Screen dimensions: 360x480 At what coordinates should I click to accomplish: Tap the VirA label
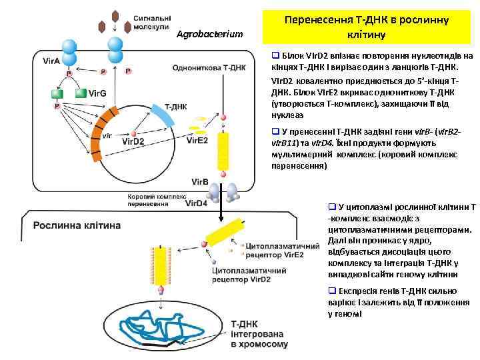pyautogui.click(x=51, y=61)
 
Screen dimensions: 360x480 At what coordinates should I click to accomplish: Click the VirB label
pyautogui.click(x=199, y=181)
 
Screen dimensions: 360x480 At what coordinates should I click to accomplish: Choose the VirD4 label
pyautogui.click(x=196, y=203)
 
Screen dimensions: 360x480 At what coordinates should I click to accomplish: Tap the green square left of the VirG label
pyautogui.click(x=81, y=94)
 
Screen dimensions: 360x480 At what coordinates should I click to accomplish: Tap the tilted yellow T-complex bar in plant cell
pyautogui.click(x=225, y=236)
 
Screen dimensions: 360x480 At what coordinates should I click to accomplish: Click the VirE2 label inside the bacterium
pyautogui.click(x=197, y=141)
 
